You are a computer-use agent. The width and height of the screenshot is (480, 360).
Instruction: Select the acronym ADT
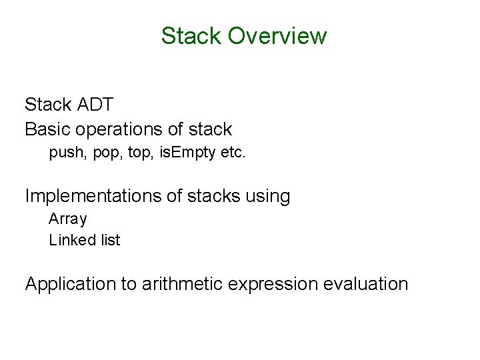97,104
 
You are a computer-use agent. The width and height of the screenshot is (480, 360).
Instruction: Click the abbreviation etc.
234,153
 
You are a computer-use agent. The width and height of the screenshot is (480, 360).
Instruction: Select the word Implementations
91,196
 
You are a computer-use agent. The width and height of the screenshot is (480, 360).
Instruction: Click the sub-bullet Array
68,219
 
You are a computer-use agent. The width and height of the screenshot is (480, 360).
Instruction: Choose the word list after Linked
110,240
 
